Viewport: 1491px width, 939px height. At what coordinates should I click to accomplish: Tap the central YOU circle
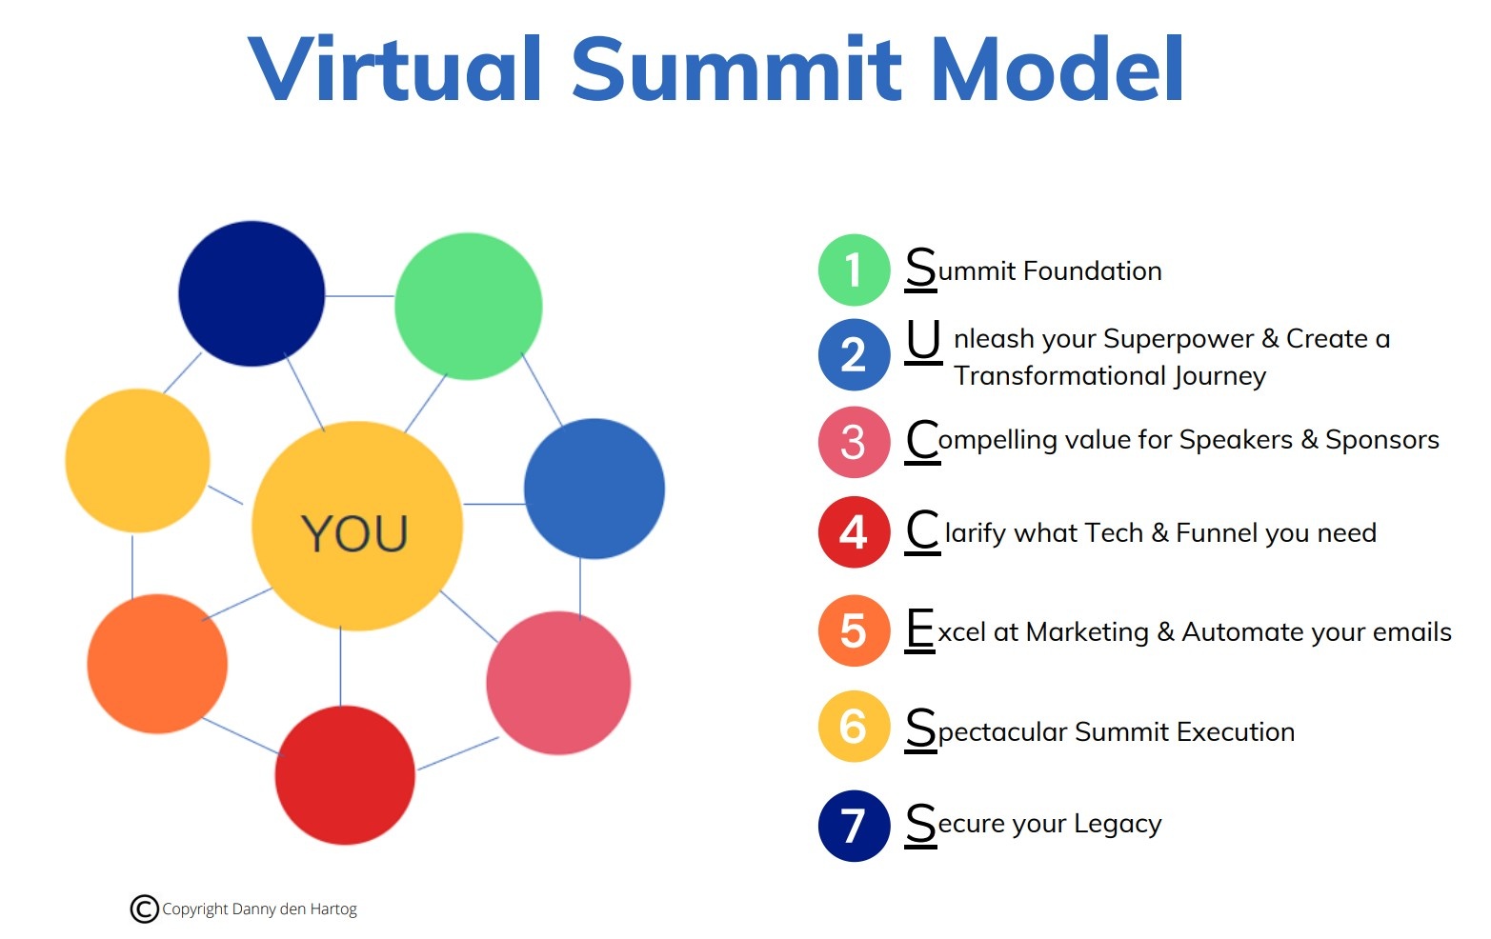(x=356, y=526)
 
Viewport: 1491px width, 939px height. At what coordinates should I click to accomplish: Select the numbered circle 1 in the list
(x=854, y=270)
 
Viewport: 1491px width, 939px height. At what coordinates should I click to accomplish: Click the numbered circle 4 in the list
(x=854, y=532)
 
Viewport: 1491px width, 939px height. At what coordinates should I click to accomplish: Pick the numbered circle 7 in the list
(x=854, y=826)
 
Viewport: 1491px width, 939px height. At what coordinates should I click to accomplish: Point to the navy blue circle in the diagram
(x=252, y=293)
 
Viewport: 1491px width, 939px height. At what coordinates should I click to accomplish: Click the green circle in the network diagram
(x=468, y=306)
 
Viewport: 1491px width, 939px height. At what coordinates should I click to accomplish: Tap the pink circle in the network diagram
(x=558, y=683)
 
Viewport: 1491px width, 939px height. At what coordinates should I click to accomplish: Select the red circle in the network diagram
(x=345, y=774)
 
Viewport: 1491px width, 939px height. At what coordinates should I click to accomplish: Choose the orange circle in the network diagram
(x=157, y=664)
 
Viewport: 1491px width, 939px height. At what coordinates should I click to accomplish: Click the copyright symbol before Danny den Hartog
(x=144, y=909)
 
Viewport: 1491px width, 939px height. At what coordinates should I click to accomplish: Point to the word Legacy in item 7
(x=1117, y=824)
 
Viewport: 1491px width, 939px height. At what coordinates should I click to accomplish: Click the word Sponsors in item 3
(x=1381, y=440)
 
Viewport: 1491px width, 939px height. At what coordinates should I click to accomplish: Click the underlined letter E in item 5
(x=920, y=629)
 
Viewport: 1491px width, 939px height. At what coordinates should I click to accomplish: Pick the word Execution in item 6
(x=1235, y=731)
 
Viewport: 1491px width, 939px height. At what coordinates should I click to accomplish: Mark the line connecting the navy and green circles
(x=360, y=296)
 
